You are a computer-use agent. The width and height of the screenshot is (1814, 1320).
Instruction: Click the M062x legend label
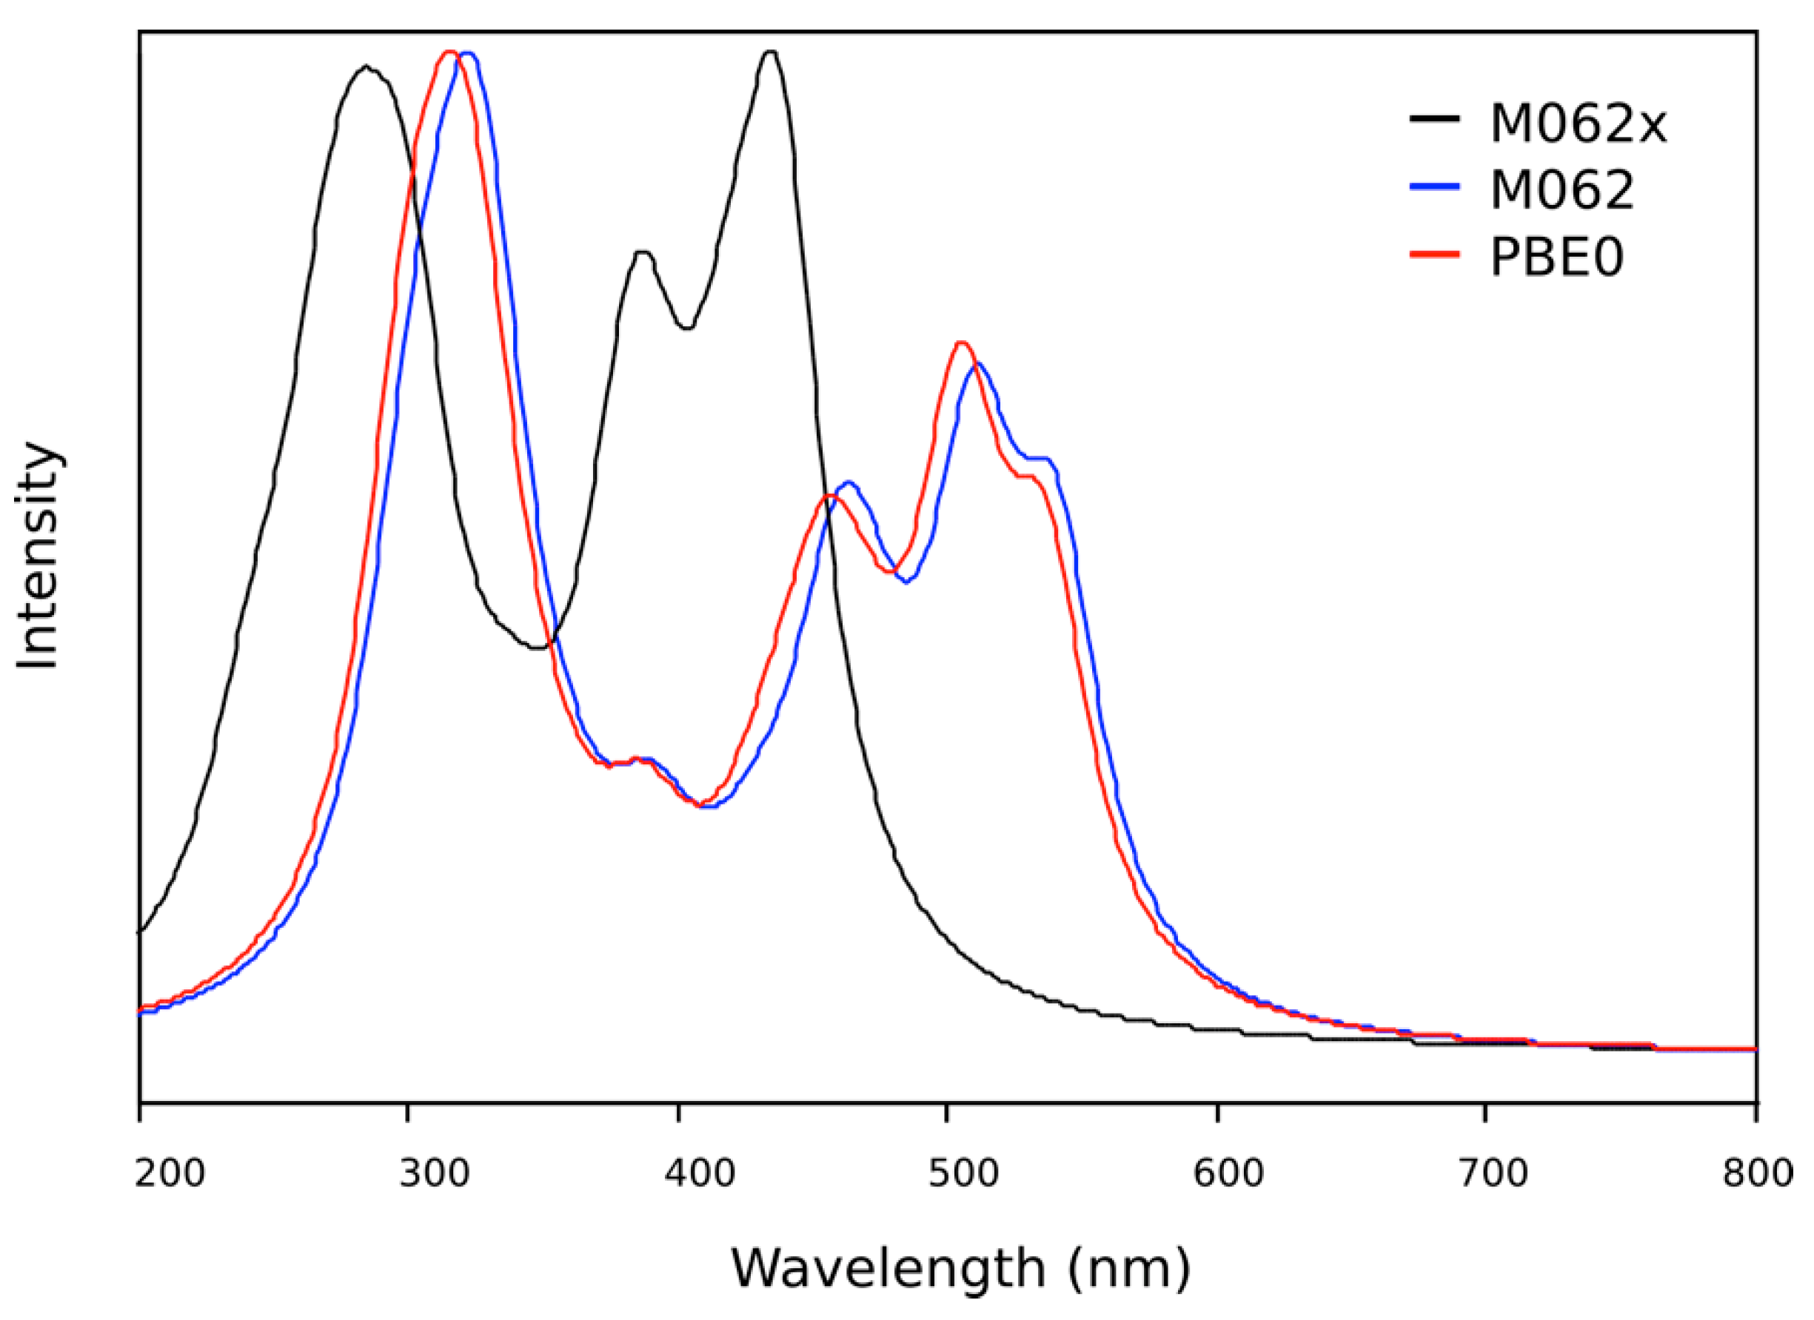point(1578,125)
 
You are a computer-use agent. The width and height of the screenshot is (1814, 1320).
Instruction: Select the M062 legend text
point(1562,191)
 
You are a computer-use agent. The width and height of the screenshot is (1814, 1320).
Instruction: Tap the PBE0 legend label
point(1556,258)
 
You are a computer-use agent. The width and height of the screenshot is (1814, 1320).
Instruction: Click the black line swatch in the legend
point(1435,119)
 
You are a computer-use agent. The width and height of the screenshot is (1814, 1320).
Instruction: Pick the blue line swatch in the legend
point(1435,186)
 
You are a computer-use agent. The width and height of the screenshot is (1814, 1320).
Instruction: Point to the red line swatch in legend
point(1435,254)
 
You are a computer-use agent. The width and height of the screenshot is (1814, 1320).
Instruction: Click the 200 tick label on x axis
point(170,1173)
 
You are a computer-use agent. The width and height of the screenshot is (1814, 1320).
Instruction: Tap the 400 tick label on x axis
point(700,1173)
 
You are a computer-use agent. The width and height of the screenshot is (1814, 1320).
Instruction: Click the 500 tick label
point(964,1173)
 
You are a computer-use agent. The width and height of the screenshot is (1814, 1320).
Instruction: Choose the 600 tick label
point(1228,1173)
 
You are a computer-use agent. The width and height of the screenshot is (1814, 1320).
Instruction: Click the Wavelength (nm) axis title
point(960,1268)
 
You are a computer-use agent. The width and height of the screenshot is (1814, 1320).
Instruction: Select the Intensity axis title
point(38,556)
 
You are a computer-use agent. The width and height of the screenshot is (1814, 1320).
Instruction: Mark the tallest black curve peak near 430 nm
point(770,52)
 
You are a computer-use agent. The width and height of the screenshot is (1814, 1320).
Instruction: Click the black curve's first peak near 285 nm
point(367,67)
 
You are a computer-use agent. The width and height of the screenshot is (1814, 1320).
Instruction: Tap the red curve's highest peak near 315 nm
point(449,52)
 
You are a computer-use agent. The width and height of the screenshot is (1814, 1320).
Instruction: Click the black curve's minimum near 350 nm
point(540,647)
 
